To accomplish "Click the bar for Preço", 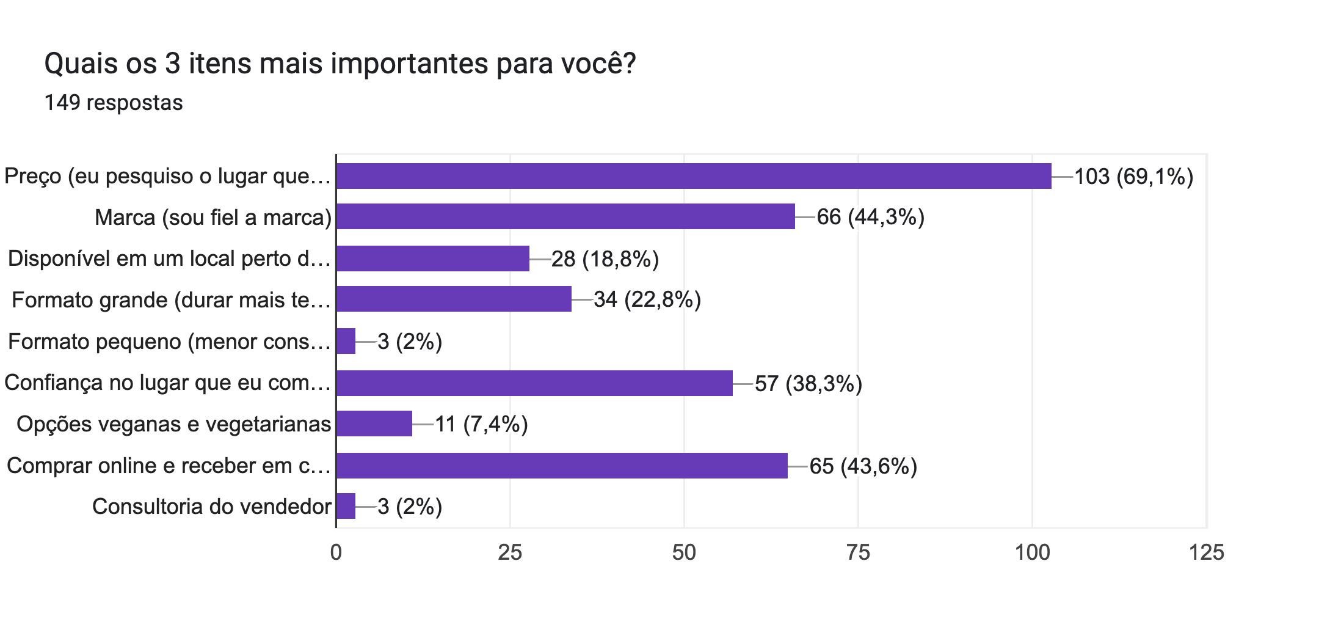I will (x=693, y=176).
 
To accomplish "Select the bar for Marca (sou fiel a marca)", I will (x=565, y=217).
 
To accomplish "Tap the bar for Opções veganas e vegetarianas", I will (x=374, y=424).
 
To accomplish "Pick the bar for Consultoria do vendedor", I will (x=346, y=506).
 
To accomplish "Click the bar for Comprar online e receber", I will (x=561, y=466).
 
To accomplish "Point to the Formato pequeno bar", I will (x=346, y=341).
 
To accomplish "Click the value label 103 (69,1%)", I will (x=1133, y=177).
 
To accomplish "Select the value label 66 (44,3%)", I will (x=870, y=217).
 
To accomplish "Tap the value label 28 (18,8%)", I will (x=605, y=259).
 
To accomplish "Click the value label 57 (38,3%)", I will (x=808, y=384).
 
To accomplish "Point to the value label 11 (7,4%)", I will (x=481, y=424).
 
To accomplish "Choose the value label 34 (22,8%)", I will (x=647, y=299).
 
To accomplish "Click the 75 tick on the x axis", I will (x=857, y=552).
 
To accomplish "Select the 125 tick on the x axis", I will (x=1205, y=552).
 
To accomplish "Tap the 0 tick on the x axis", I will (x=336, y=552).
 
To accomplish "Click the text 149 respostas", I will (x=114, y=103).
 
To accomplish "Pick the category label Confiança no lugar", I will (x=167, y=383).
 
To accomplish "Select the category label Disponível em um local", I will (x=169, y=258).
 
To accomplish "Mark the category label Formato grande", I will (x=170, y=300).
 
